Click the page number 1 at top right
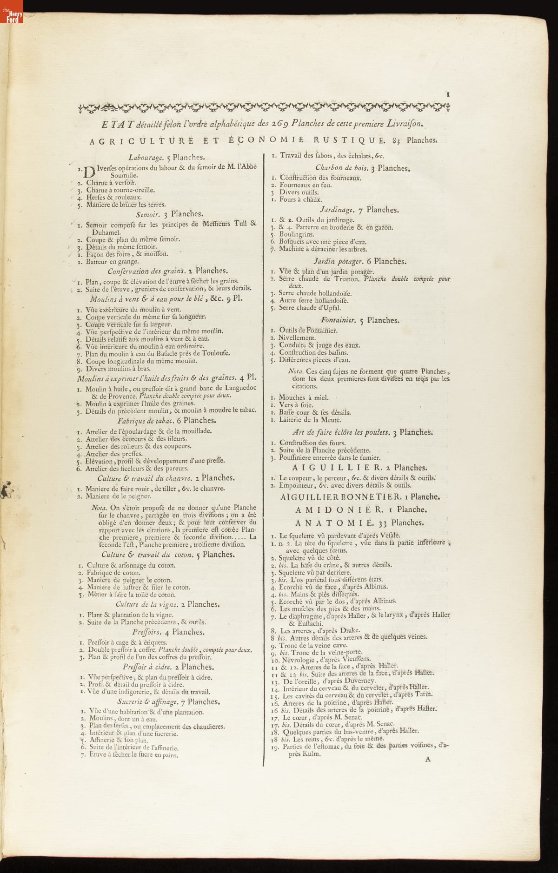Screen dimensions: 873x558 coord(448,93)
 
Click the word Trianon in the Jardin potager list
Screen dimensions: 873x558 coord(345,279)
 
